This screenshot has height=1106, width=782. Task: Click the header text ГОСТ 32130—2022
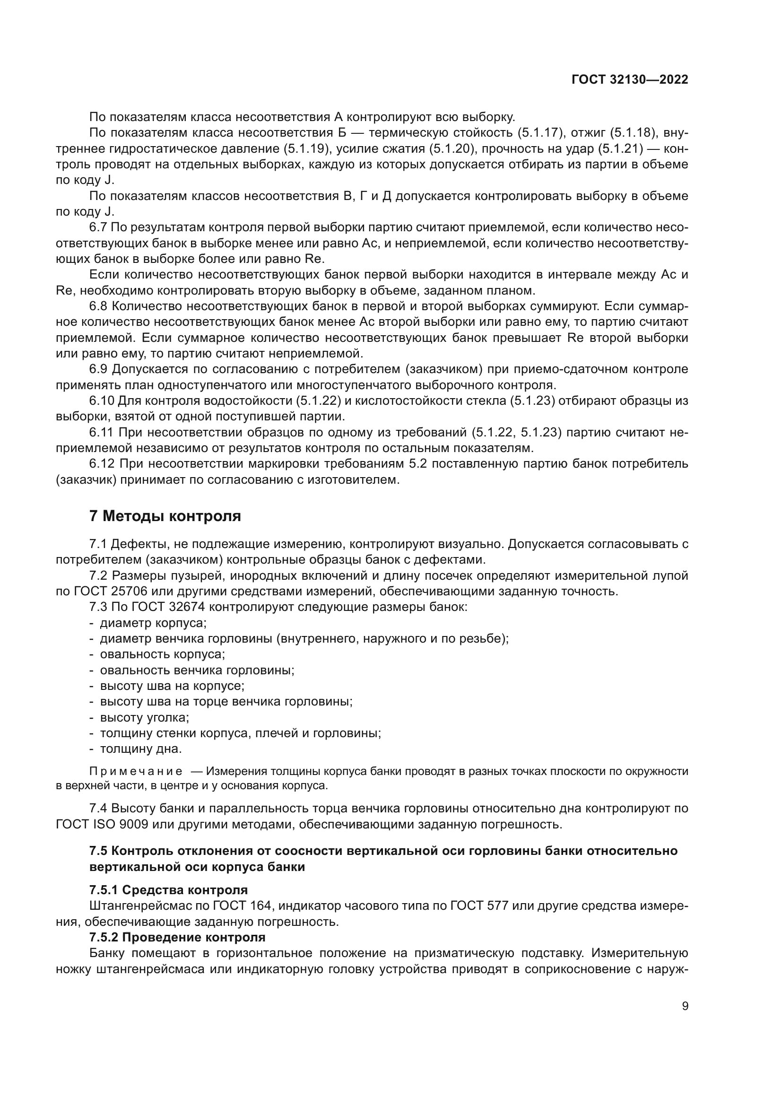point(629,80)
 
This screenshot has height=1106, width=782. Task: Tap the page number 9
point(685,1006)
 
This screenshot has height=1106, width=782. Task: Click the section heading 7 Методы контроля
point(165,516)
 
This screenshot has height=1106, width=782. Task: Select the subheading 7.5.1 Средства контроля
point(168,890)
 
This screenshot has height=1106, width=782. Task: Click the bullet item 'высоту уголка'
point(144,717)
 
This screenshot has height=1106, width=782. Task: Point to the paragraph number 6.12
point(102,464)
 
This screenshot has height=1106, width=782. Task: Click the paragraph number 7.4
point(99,808)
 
